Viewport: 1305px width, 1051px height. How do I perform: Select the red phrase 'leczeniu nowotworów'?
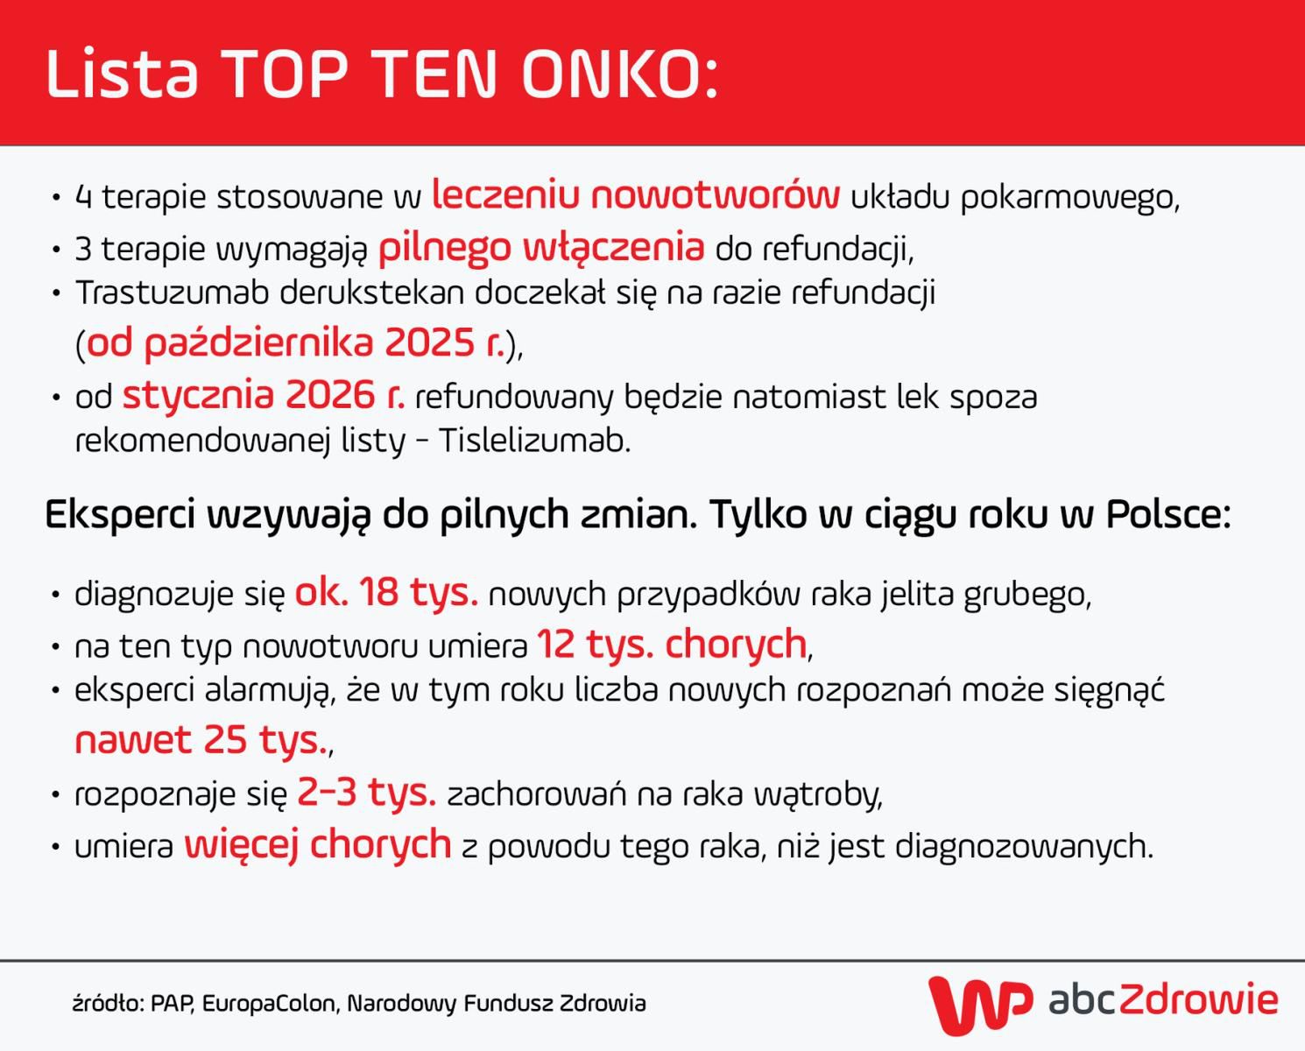(x=636, y=195)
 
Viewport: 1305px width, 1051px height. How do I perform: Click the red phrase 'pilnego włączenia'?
(x=540, y=248)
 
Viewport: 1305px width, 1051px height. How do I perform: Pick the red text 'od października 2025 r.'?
(x=296, y=342)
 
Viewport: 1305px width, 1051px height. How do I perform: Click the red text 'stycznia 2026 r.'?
(x=263, y=396)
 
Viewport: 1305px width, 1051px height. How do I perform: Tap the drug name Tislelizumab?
(x=534, y=440)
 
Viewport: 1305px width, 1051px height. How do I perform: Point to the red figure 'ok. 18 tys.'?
(x=386, y=593)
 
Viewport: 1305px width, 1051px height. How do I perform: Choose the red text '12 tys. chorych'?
(x=671, y=645)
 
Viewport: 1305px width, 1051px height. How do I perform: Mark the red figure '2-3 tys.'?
(x=366, y=793)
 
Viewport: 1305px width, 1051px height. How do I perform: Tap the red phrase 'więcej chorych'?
(x=317, y=845)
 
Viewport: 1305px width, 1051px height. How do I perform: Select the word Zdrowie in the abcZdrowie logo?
(x=1198, y=999)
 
